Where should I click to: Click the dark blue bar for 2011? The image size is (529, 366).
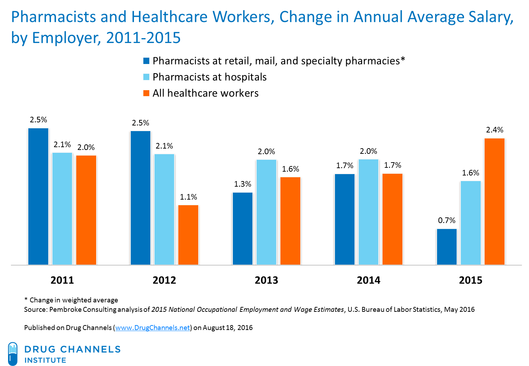click(38, 196)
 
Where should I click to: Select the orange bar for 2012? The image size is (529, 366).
click(188, 235)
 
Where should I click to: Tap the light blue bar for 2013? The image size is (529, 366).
click(266, 212)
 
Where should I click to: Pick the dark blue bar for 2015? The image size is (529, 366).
click(446, 246)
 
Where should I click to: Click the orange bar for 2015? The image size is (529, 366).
click(494, 201)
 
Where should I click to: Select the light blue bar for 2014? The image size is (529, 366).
click(368, 212)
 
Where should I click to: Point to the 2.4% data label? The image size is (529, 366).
click(494, 130)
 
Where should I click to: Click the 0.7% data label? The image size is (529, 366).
click(446, 220)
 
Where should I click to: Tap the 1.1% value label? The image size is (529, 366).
click(188, 197)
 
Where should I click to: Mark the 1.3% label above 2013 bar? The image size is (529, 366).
click(242, 184)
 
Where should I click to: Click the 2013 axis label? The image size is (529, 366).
click(266, 280)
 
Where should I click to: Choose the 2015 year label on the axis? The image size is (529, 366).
click(470, 280)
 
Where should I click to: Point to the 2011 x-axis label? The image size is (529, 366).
click(62, 280)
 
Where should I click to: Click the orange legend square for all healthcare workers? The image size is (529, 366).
click(146, 93)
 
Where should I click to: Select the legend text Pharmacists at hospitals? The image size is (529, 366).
click(209, 77)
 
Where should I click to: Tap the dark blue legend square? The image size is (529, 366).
click(146, 61)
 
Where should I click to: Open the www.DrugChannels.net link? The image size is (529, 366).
click(152, 328)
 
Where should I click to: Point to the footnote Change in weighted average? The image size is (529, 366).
click(73, 300)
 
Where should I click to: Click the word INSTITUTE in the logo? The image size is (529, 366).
click(45, 360)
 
